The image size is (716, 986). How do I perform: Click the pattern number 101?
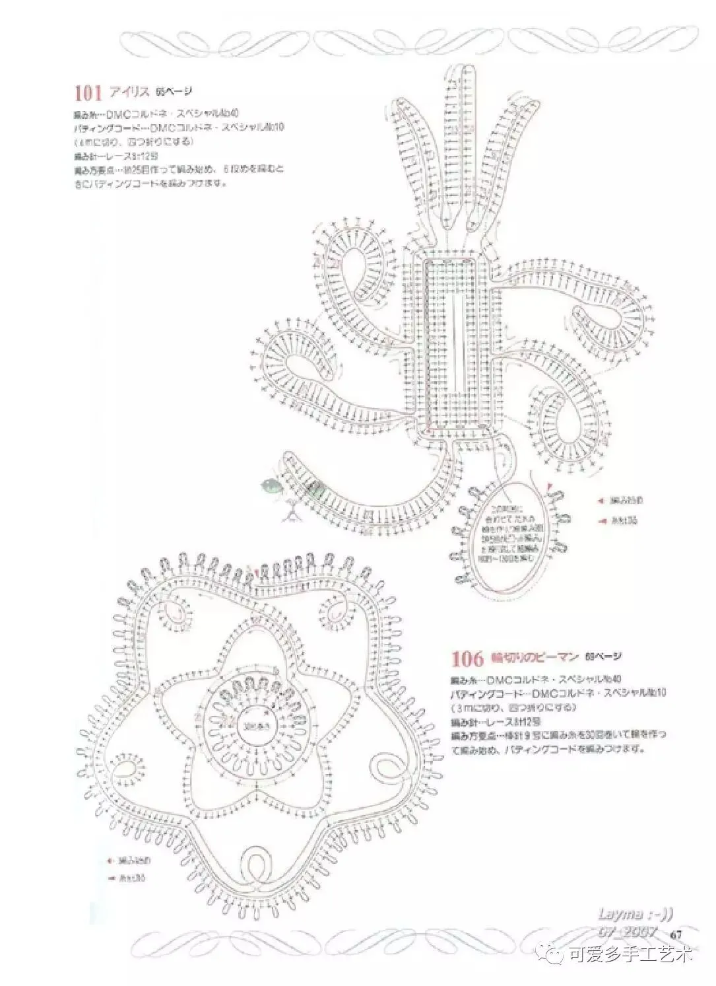click(87, 91)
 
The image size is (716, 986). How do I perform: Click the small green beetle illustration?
click(271, 487)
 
